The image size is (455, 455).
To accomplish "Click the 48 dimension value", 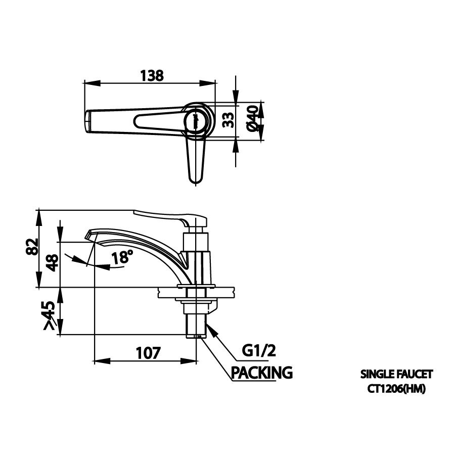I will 53,262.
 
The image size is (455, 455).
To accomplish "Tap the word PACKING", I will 262,373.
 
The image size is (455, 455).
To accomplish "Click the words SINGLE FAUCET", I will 396,375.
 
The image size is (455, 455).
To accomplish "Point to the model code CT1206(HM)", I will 396,388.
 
